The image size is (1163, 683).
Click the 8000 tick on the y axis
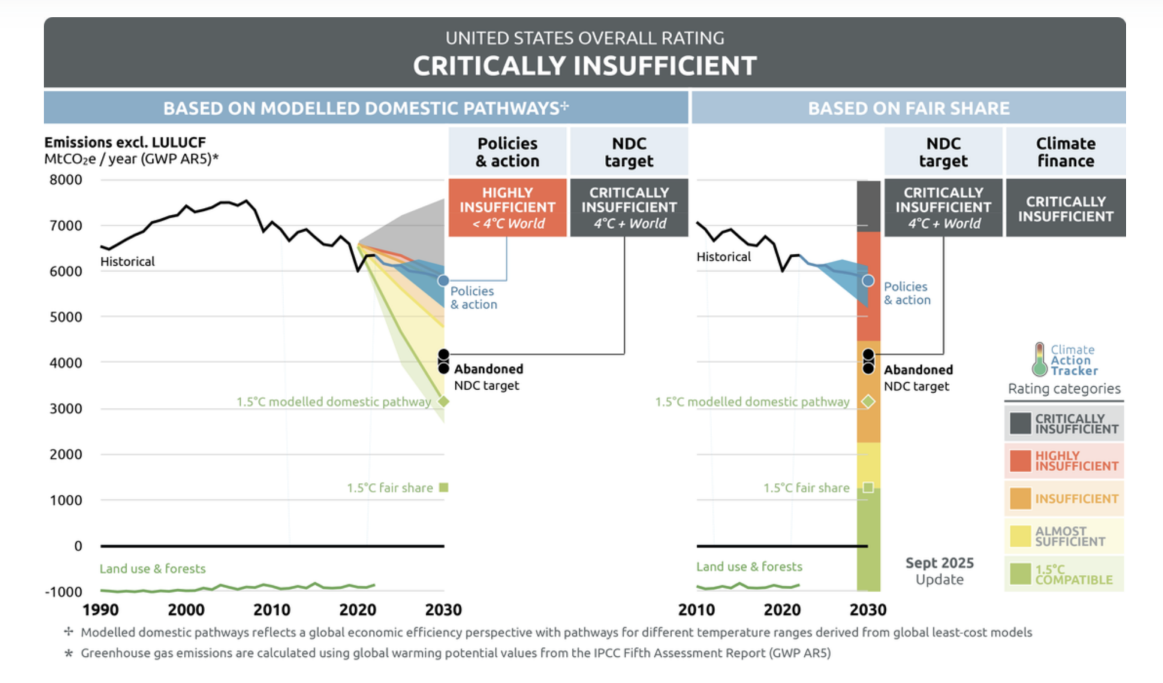click(x=66, y=180)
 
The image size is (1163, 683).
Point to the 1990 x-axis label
click(x=100, y=610)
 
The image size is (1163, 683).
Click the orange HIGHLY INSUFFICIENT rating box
click(x=507, y=208)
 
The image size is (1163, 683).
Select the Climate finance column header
click(x=1065, y=152)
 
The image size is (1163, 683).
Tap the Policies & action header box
click(x=507, y=152)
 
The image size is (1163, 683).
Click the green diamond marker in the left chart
click(x=444, y=401)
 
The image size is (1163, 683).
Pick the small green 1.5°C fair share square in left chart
click(x=444, y=488)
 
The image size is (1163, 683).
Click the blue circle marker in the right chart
click(x=868, y=281)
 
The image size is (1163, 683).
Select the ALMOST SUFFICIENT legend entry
click(x=1064, y=536)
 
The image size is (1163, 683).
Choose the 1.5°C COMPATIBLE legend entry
click(x=1064, y=574)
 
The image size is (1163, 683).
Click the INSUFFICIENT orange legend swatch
click(x=1020, y=499)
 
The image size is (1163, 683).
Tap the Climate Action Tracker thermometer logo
click(x=1039, y=360)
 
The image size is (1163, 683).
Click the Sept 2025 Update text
click(x=939, y=571)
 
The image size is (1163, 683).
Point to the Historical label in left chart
click(x=127, y=261)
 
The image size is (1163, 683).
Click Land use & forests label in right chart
click(x=749, y=566)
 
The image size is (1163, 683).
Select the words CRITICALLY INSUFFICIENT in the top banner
click(x=584, y=66)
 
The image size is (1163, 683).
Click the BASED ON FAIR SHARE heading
click(x=908, y=108)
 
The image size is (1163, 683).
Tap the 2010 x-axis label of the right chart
click(x=696, y=610)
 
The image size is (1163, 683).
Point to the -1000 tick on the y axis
click(x=63, y=592)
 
